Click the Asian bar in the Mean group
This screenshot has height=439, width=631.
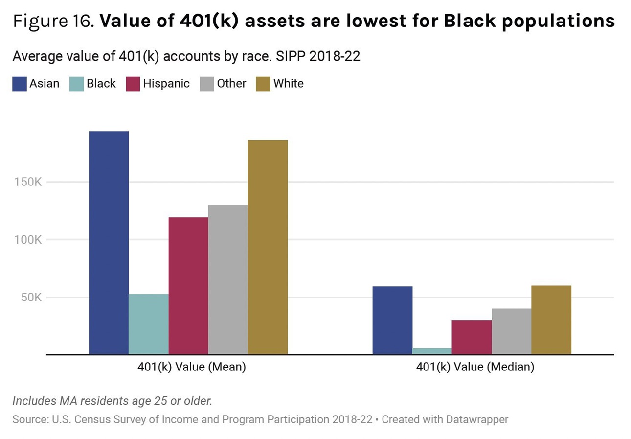[109, 242]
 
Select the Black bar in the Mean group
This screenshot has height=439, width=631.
[148, 324]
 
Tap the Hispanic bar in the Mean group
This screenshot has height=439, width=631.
[188, 285]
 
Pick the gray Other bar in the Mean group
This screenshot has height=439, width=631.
[228, 279]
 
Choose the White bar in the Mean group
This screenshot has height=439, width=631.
[268, 247]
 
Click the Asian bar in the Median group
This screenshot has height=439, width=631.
[392, 320]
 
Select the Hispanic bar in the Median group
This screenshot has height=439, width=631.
[472, 337]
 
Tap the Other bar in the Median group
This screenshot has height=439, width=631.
[511, 331]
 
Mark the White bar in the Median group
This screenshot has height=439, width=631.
[551, 320]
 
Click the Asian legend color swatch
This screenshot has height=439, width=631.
[19, 84]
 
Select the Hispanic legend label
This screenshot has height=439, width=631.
[166, 84]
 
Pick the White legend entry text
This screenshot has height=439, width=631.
[288, 84]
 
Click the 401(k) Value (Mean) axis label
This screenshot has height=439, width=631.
[191, 367]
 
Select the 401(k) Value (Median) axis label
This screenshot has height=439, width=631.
[475, 367]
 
